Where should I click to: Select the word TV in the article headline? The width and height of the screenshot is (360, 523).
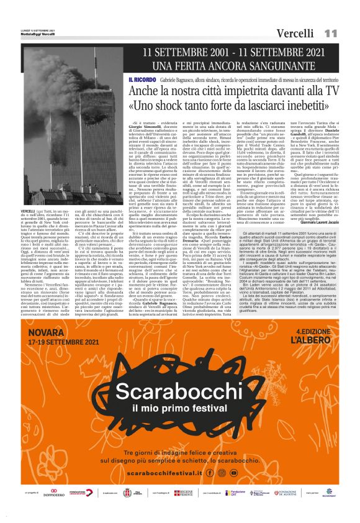pyautogui.click(x=328, y=92)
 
